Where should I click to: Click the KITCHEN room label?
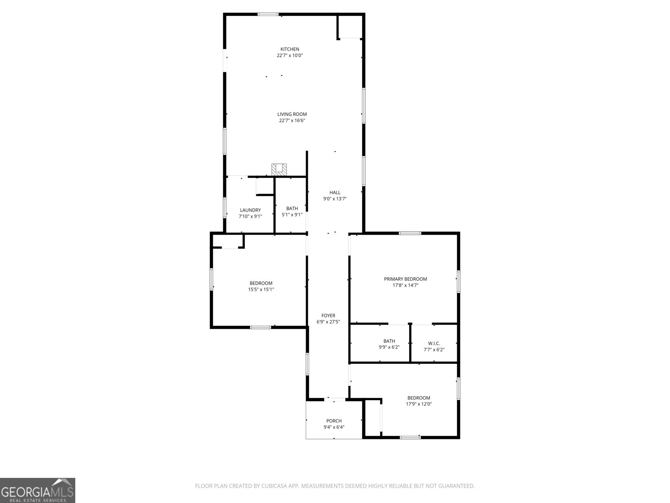click(x=290, y=49)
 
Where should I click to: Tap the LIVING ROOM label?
click(x=292, y=114)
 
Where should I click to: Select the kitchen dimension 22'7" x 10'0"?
click(x=290, y=55)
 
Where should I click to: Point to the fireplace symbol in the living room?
click(x=279, y=169)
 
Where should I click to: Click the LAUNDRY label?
click(x=250, y=210)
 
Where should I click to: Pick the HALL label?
click(x=335, y=192)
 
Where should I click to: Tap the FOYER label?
click(x=328, y=316)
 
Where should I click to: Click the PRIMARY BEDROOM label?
click(x=405, y=279)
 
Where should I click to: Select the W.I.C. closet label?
click(x=434, y=343)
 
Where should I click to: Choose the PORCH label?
click(x=334, y=421)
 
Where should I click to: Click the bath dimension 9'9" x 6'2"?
click(x=389, y=347)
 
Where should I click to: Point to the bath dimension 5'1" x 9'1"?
click(x=292, y=215)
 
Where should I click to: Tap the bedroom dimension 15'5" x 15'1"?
click(x=261, y=289)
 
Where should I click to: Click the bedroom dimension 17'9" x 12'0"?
click(x=419, y=404)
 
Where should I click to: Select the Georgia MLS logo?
click(x=38, y=490)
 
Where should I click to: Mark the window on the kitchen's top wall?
click(x=268, y=15)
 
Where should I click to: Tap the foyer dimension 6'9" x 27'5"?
click(x=328, y=322)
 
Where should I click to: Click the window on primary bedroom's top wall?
click(x=410, y=233)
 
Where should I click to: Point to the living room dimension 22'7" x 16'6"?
click(x=292, y=120)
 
